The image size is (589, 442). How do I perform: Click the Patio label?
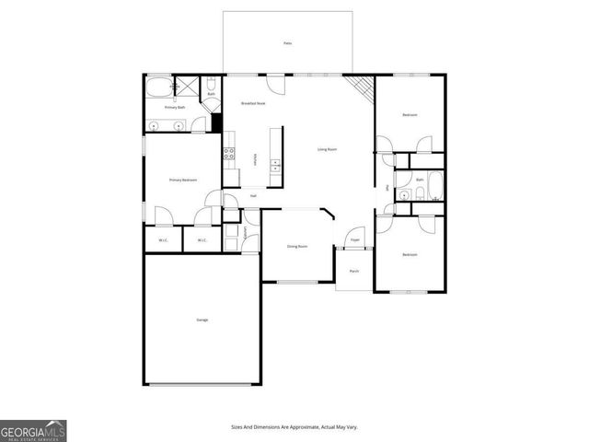287,43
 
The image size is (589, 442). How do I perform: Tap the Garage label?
202,320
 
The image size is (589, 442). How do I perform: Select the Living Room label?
327,149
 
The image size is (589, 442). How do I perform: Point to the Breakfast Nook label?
253,104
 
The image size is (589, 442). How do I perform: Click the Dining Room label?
296,246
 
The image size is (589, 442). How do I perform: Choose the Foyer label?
354,240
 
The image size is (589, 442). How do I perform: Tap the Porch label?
354,271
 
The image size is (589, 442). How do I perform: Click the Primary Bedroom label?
182,180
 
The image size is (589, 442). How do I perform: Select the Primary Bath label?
176,108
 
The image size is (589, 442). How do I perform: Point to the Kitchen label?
255,158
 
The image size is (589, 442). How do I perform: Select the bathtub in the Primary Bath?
157,89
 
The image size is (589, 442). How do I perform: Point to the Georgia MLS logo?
33,430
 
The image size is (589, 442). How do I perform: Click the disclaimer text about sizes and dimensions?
294,427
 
